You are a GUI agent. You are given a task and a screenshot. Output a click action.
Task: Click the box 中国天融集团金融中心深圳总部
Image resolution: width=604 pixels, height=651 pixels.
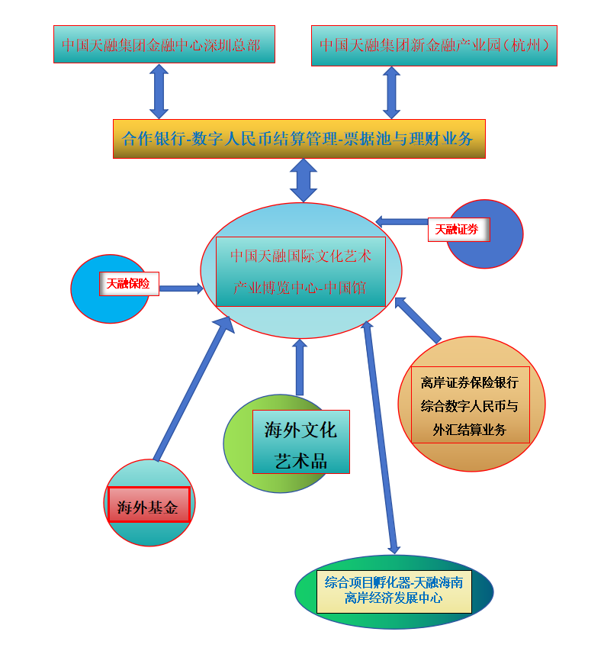click(163, 44)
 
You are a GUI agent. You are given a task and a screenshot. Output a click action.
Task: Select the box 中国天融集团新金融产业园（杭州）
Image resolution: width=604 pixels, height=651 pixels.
click(434, 45)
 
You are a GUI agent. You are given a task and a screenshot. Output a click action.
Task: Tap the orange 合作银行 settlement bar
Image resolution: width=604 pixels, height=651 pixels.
click(298, 139)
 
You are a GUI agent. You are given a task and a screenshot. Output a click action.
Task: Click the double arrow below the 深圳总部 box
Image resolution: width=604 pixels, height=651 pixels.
click(159, 91)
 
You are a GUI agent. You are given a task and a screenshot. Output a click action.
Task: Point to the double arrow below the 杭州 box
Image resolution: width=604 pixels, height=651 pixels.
click(391, 92)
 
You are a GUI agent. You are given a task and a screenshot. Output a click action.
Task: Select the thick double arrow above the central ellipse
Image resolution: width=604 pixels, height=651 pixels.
click(304, 180)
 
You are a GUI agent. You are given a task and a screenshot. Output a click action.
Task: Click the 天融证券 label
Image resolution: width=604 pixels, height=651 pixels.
click(458, 229)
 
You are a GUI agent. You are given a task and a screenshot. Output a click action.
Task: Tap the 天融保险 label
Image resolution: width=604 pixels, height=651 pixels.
click(128, 284)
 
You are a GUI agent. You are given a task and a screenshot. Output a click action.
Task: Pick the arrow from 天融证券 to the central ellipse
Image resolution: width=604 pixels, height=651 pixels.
click(402, 222)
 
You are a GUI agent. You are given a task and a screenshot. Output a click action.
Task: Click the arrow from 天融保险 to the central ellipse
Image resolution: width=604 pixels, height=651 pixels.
click(182, 288)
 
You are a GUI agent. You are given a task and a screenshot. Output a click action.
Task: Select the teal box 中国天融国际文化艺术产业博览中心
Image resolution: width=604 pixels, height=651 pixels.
click(300, 272)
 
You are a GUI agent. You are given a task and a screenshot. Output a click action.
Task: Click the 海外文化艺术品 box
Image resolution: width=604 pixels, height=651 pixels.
click(300, 441)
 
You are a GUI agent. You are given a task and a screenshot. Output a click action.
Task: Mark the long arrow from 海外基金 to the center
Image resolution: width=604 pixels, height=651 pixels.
click(191, 389)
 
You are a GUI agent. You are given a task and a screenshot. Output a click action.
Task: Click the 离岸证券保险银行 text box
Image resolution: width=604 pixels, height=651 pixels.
click(470, 404)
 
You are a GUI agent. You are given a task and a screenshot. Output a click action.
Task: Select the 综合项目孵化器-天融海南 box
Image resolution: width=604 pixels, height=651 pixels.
click(394, 591)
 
